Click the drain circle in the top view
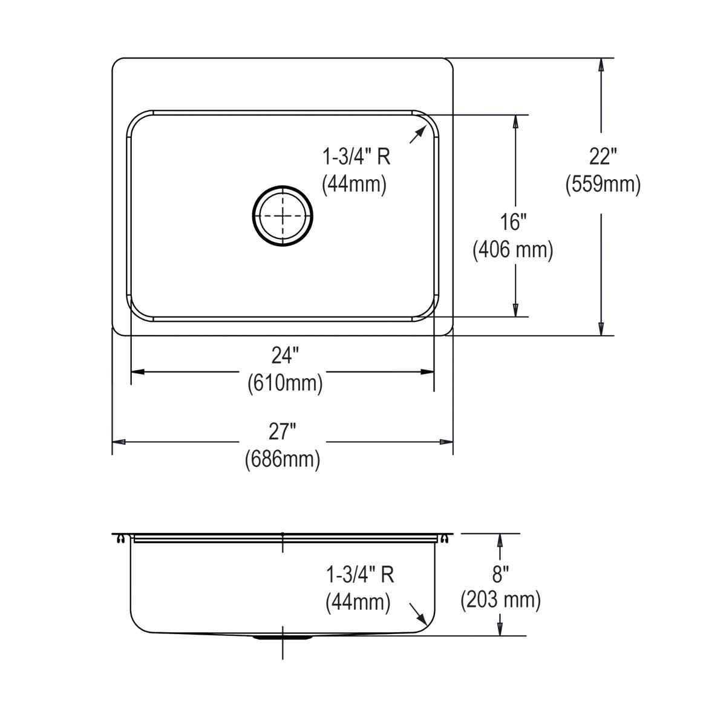point(283,216)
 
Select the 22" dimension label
point(603,157)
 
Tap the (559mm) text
point(603,184)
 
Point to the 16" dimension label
point(512,222)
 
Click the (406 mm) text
point(513,249)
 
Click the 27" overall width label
point(283,432)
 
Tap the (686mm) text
point(283,459)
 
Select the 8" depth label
point(500,572)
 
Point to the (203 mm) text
point(500,600)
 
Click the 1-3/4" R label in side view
point(360,574)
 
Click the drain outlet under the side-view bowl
point(283,637)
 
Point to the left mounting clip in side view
point(122,538)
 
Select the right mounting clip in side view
point(445,538)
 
